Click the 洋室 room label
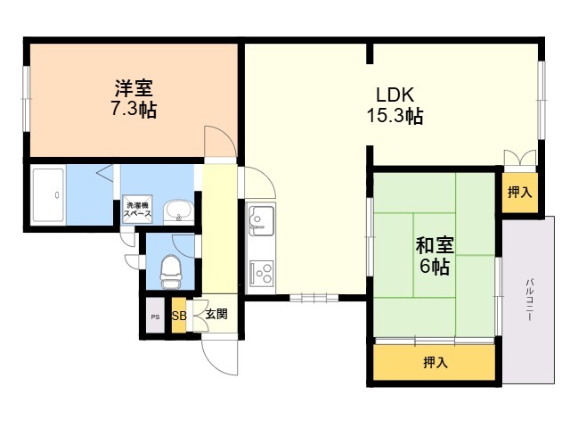click(134, 87)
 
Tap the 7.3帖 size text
click(134, 109)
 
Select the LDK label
click(395, 95)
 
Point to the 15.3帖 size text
click(395, 116)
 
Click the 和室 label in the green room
click(435, 245)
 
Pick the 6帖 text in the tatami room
click(435, 267)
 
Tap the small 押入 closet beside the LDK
click(520, 193)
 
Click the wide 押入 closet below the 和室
click(435, 363)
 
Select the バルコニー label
click(529, 300)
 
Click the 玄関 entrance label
click(216, 314)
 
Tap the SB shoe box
click(179, 315)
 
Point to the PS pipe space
click(155, 317)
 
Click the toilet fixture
click(171, 271)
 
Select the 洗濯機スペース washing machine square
click(137, 210)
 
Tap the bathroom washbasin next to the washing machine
click(178, 212)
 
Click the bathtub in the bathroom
click(48, 195)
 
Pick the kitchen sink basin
click(261, 219)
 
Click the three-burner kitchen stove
click(262, 273)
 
